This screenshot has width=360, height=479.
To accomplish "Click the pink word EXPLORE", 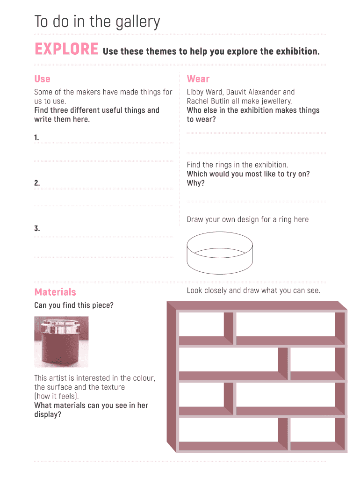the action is click(x=66, y=49).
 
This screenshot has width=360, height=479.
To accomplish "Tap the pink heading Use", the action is click(x=42, y=79).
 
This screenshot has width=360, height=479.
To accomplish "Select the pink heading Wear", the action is click(x=198, y=79).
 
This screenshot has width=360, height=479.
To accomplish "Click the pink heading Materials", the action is click(x=55, y=292).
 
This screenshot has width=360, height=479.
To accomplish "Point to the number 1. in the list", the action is click(x=36, y=138).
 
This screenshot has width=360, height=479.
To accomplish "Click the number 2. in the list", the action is click(x=37, y=183).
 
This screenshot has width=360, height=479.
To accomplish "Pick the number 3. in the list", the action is click(x=37, y=228).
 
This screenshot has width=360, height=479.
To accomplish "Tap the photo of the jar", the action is click(x=61, y=342).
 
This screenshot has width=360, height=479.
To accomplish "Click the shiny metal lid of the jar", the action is click(x=61, y=327).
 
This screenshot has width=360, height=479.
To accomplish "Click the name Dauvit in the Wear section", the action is click(x=237, y=92).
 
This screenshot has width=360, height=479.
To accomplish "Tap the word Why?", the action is click(x=196, y=183).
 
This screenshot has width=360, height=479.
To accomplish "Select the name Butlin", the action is click(x=219, y=101).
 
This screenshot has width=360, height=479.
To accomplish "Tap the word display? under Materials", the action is click(x=48, y=414).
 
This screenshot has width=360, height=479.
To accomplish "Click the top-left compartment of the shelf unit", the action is click(x=202, y=325).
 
